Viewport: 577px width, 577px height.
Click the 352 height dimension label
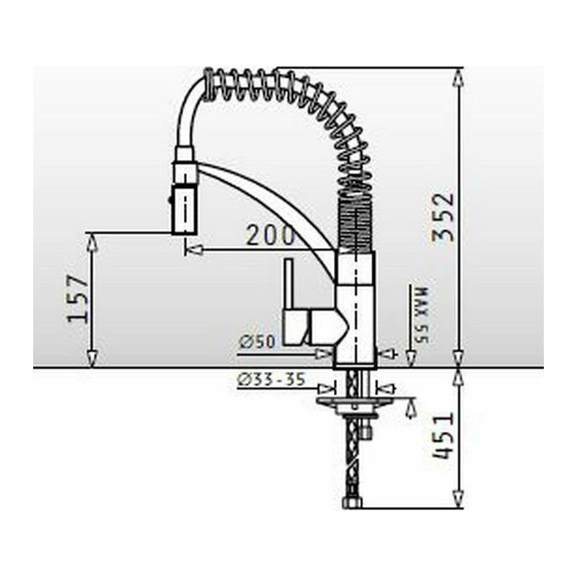coord(444,216)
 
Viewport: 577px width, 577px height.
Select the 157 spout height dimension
coord(78,298)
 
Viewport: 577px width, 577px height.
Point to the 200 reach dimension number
coord(270,235)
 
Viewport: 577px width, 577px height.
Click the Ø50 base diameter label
coord(257,342)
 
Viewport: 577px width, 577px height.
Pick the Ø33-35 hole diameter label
coord(272,379)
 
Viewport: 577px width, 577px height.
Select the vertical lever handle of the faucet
coord(288,283)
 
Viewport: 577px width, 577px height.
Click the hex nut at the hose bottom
coord(352,502)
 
